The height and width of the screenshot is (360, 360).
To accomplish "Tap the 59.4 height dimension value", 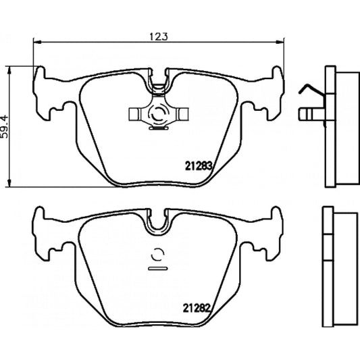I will coord(6,126).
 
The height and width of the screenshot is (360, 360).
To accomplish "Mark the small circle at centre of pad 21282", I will coord(159,257).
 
